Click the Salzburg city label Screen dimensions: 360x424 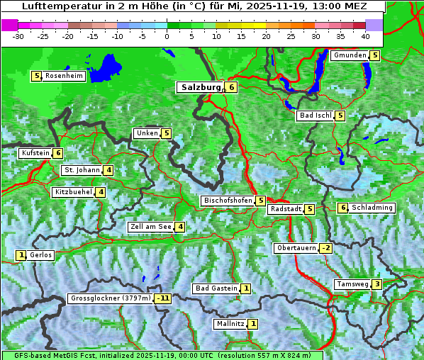click(201, 87)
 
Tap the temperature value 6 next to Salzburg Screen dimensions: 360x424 click(232, 87)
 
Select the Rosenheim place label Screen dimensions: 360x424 click(64, 76)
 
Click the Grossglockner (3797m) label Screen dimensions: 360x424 click(111, 298)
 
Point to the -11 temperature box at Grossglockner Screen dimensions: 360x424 click(164, 298)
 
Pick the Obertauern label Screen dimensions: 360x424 click(296, 248)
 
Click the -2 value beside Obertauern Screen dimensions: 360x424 click(325, 248)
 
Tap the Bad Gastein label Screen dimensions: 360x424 click(216, 288)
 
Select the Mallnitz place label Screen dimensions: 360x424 click(230, 324)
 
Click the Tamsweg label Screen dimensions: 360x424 click(352, 284)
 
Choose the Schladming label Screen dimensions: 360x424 click(372, 208)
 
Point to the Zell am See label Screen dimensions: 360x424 click(151, 227)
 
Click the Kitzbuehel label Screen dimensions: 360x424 click(73, 192)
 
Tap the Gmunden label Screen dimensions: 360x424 click(350, 55)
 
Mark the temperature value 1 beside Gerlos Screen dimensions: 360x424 click(21, 255)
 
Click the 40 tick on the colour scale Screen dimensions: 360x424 click(365, 35)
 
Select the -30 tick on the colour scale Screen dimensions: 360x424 click(18, 35)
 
